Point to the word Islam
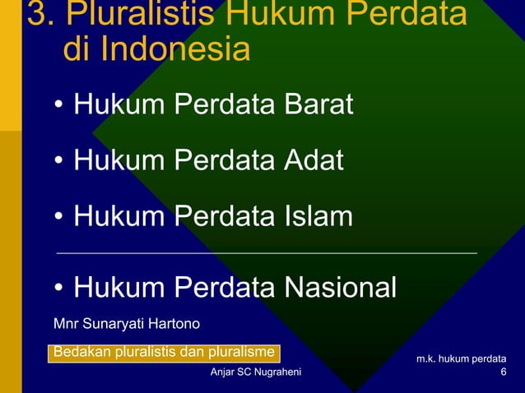[318, 216]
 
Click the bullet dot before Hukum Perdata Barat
[60, 107]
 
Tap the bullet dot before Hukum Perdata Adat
[60, 162]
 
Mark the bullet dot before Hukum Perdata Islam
[60, 218]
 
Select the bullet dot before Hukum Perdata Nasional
[60, 289]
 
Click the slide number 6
[504, 373]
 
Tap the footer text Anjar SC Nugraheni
[256, 373]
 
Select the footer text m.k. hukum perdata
[461, 359]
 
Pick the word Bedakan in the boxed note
[78, 353]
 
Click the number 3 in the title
[36, 14]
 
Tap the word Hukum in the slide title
[309, 14]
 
